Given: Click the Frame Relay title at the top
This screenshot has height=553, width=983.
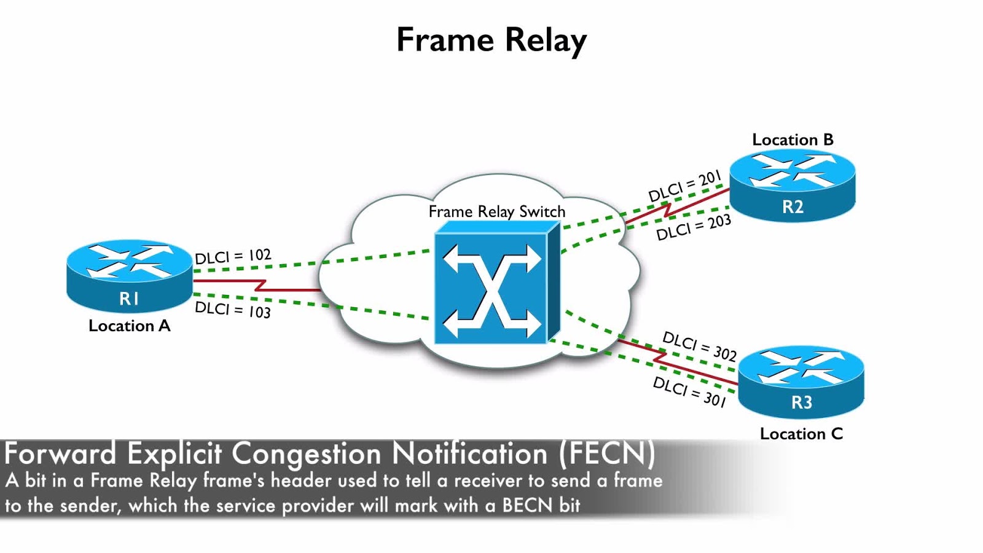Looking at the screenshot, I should (x=491, y=41).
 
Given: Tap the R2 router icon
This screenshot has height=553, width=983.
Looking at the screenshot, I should (x=793, y=185).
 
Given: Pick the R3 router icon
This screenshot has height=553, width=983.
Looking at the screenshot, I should (x=801, y=380).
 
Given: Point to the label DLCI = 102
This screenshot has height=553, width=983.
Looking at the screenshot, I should (x=233, y=256).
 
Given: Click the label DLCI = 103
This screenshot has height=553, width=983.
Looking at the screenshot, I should (x=232, y=310).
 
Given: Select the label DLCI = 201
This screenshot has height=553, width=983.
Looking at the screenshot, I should (x=684, y=186).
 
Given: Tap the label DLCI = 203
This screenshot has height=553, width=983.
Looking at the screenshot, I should (x=693, y=228).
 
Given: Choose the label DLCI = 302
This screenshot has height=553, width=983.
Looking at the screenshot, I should (x=699, y=346).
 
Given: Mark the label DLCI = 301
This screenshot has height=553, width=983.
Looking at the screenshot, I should (x=689, y=391).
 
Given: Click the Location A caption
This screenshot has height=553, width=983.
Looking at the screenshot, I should (x=129, y=326).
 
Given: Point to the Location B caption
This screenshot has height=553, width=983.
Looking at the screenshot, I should (x=793, y=140).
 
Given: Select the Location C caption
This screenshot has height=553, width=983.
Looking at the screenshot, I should (x=801, y=434).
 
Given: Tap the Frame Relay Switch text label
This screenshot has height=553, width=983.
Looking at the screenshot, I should (x=496, y=212).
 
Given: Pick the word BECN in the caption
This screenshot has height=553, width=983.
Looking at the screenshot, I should (x=527, y=505).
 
